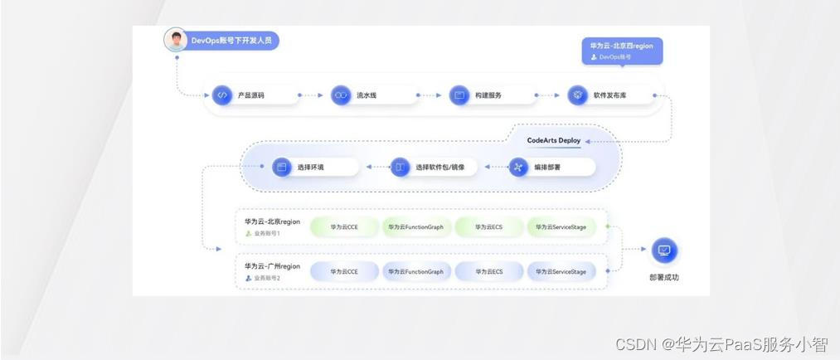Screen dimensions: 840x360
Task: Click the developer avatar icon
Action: [x=175, y=40]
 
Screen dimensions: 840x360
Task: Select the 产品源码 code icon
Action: [x=221, y=95]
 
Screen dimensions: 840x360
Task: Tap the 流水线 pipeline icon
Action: [x=340, y=95]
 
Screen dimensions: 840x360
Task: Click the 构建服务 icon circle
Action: [x=459, y=95]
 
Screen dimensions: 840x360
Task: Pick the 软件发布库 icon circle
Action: [x=577, y=95]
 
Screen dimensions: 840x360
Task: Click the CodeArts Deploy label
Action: [x=554, y=140]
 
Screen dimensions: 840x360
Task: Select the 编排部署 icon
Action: [x=518, y=168]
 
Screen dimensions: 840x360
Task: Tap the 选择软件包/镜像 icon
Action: [x=400, y=168]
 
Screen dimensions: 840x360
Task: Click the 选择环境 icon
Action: [x=281, y=168]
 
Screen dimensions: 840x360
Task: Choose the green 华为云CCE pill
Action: [x=343, y=226]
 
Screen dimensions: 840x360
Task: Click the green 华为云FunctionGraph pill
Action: [x=415, y=226]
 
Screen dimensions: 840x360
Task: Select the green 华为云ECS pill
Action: [x=489, y=226]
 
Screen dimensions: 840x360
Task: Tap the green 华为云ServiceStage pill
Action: [x=561, y=226]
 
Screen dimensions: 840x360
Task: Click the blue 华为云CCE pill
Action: [x=343, y=271]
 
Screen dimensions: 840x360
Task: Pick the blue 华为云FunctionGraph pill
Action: [x=415, y=271]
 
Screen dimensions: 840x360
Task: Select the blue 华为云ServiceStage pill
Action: [x=561, y=271]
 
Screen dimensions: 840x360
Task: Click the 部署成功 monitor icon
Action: [x=664, y=250]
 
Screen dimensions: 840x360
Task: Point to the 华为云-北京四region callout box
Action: [x=621, y=51]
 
